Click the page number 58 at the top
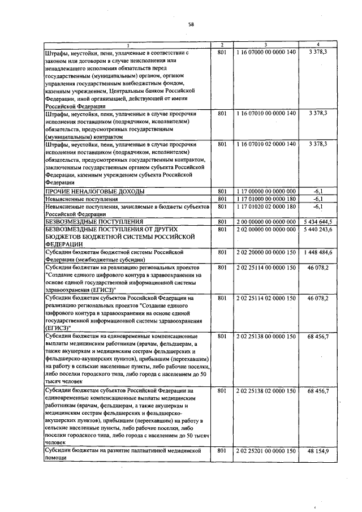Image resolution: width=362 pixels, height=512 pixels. point(191,24)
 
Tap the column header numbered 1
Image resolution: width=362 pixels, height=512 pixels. point(127,45)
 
